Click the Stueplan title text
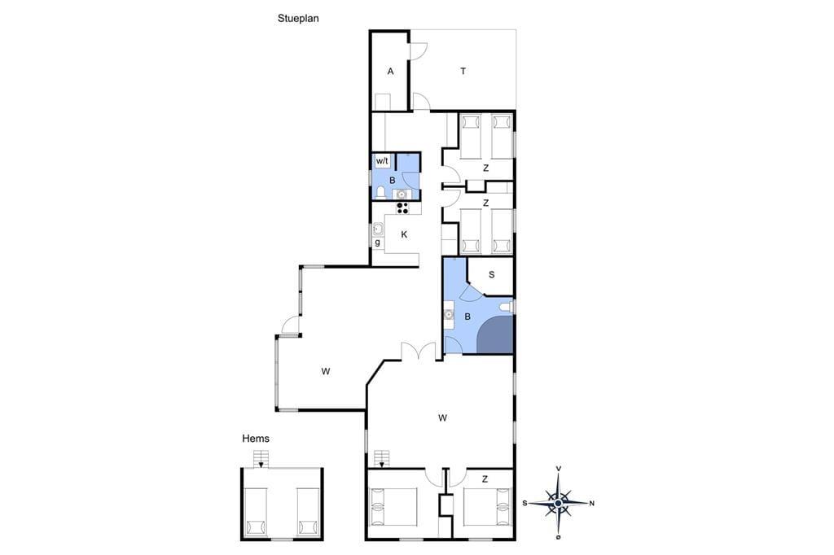(298, 19)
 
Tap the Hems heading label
(255, 439)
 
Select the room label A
(390, 72)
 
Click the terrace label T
(463, 72)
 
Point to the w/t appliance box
(383, 160)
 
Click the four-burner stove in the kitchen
(402, 208)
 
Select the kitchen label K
(404, 234)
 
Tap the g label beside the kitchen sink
(378, 243)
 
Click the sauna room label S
(491, 275)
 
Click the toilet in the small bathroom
(380, 192)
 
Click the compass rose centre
(558, 503)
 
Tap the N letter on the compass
(591, 503)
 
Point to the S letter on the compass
(525, 503)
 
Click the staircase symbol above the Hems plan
(261, 458)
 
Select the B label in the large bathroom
(467, 317)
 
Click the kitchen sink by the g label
(378, 229)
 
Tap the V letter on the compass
(559, 469)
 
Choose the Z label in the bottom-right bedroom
(485, 479)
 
